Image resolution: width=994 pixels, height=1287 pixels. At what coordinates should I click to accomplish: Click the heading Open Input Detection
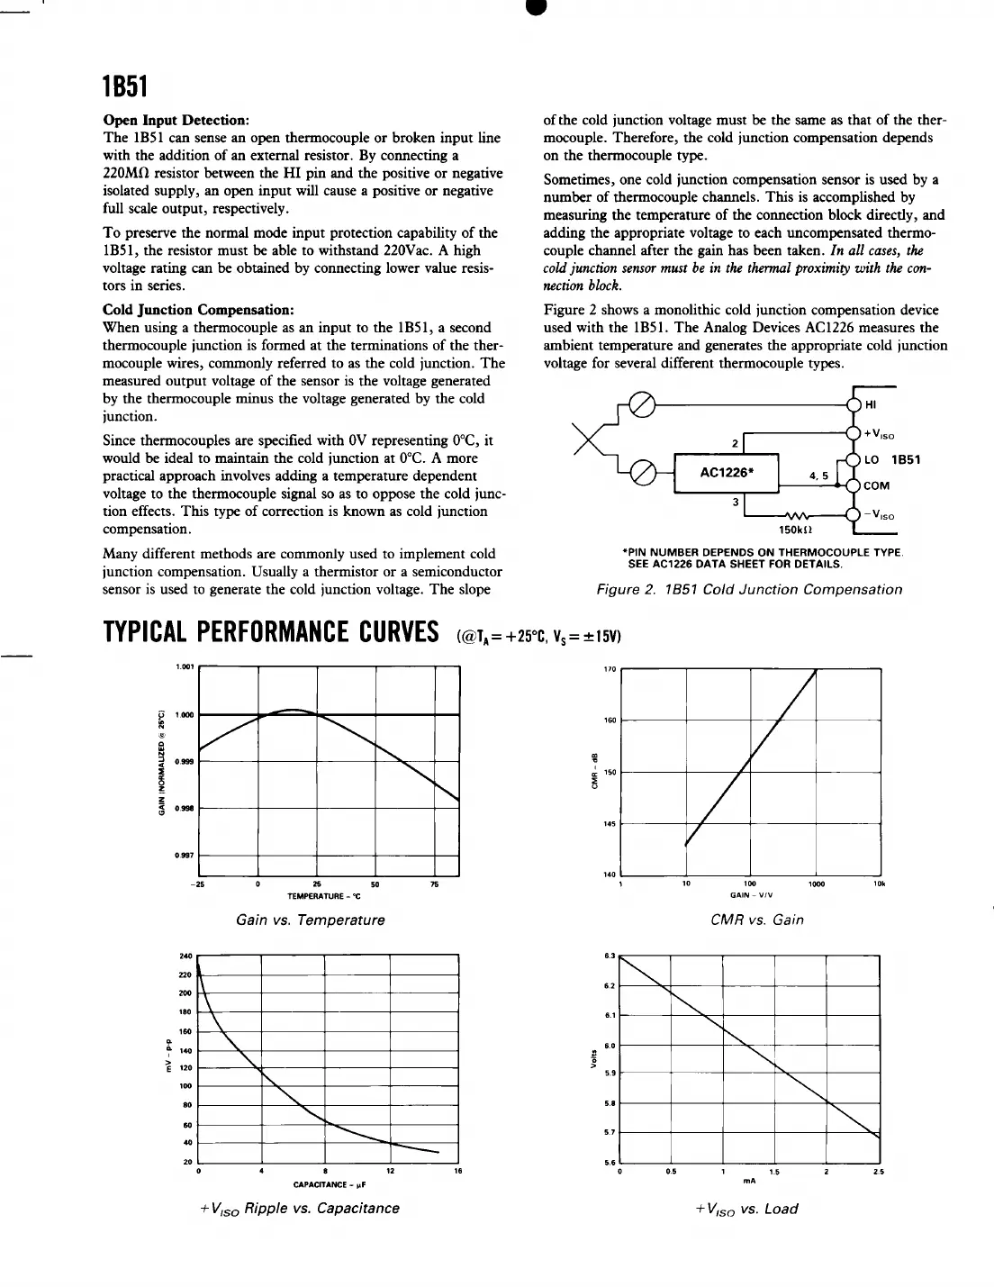click(176, 120)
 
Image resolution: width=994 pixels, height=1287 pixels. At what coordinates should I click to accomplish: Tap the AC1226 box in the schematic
click(726, 472)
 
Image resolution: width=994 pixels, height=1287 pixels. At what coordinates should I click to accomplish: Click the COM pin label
click(876, 485)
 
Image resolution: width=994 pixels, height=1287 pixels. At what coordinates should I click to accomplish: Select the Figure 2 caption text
click(749, 589)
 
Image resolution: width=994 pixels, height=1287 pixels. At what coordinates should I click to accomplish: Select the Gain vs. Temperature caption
click(310, 920)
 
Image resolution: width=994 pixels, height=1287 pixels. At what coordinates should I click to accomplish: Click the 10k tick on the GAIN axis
click(879, 884)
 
